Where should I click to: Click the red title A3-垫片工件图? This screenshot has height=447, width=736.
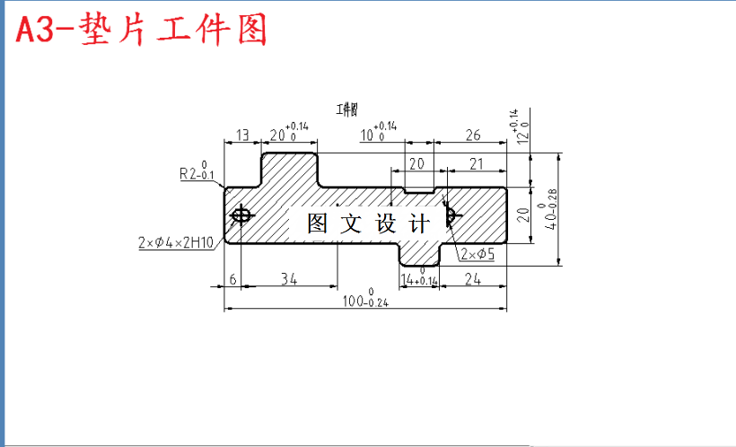[x=142, y=31]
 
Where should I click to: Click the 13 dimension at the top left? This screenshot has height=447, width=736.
[x=241, y=136]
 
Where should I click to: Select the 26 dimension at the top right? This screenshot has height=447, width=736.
[x=473, y=136]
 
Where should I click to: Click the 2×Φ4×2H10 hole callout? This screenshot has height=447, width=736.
[x=176, y=242]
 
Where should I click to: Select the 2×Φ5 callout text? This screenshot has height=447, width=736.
[x=478, y=254]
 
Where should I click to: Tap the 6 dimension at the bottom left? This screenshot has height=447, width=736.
[x=232, y=279]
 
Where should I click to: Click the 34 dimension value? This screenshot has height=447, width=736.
[x=288, y=279]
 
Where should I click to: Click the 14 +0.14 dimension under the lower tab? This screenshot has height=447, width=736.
[x=419, y=279]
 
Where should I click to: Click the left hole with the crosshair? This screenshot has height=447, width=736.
[x=241, y=215]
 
